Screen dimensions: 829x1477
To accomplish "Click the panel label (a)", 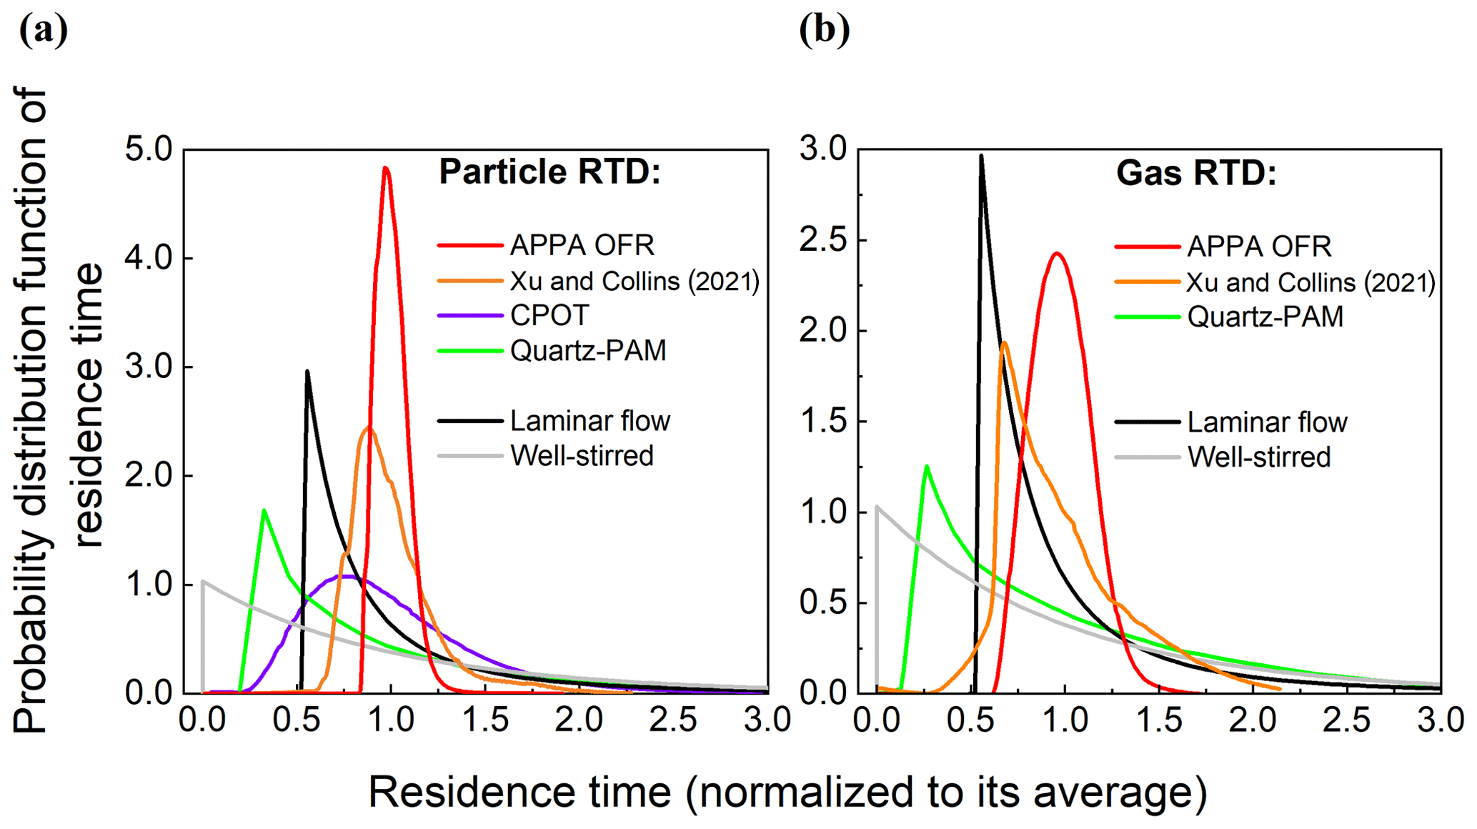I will click(44, 30).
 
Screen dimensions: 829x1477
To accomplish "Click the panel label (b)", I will click(825, 30).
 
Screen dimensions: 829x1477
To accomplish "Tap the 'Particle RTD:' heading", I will click(549, 172).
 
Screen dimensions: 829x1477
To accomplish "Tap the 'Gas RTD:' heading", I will click(1196, 174).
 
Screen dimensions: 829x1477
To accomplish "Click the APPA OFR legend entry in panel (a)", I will click(582, 245).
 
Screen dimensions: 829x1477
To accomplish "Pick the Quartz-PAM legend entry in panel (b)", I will click(1265, 317).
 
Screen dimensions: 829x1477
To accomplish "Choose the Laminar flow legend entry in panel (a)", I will click(590, 421).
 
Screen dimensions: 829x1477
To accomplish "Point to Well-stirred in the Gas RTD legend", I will click(1259, 457).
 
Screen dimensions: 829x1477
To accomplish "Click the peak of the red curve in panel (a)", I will click(386, 169).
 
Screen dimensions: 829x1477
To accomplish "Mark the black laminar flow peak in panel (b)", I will click(981, 157).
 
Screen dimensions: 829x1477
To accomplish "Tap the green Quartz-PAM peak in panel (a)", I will click(264, 510).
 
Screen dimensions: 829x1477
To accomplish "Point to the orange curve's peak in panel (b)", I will click(1005, 343).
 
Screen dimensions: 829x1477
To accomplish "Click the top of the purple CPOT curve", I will click(347, 576).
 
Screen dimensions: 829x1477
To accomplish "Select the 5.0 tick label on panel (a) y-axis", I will click(149, 149).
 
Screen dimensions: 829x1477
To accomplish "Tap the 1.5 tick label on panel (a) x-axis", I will click(486, 720).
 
